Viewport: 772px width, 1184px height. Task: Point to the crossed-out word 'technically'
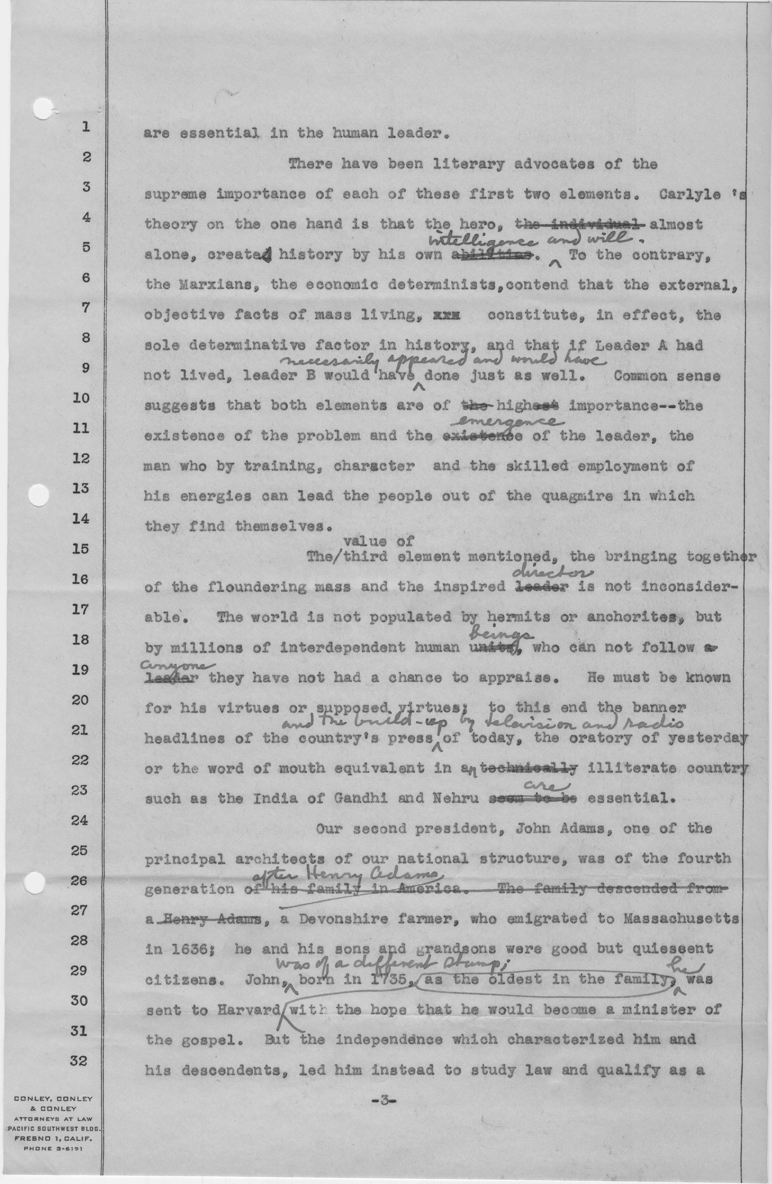[x=529, y=769]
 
